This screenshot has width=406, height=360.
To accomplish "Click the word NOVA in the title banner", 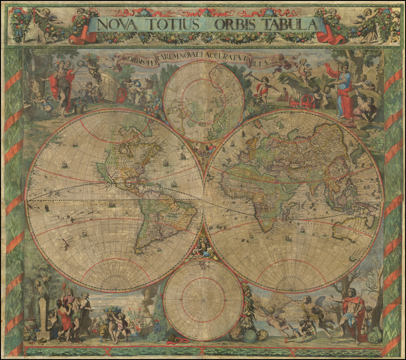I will click(117, 25).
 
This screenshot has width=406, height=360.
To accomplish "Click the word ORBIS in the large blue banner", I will click(234, 25).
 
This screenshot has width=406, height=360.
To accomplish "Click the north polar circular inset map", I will click(203, 101).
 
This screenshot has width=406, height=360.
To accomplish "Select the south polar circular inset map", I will click(203, 299).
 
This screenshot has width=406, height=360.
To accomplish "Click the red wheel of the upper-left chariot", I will click(122, 95).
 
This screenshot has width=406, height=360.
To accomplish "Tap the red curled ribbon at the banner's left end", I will click(81, 38).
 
